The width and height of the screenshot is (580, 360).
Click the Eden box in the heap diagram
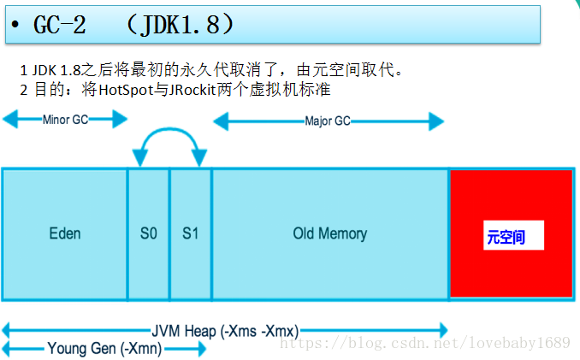[64, 233]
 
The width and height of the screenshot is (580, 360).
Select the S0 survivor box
[148, 233]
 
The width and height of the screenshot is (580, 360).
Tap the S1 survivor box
[190, 233]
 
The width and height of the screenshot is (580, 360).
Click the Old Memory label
[329, 233]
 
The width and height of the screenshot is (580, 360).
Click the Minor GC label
[65, 120]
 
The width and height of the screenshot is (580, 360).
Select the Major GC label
[328, 121]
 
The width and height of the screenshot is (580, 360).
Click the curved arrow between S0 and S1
[169, 130]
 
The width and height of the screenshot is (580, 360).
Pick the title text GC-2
[60, 25]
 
